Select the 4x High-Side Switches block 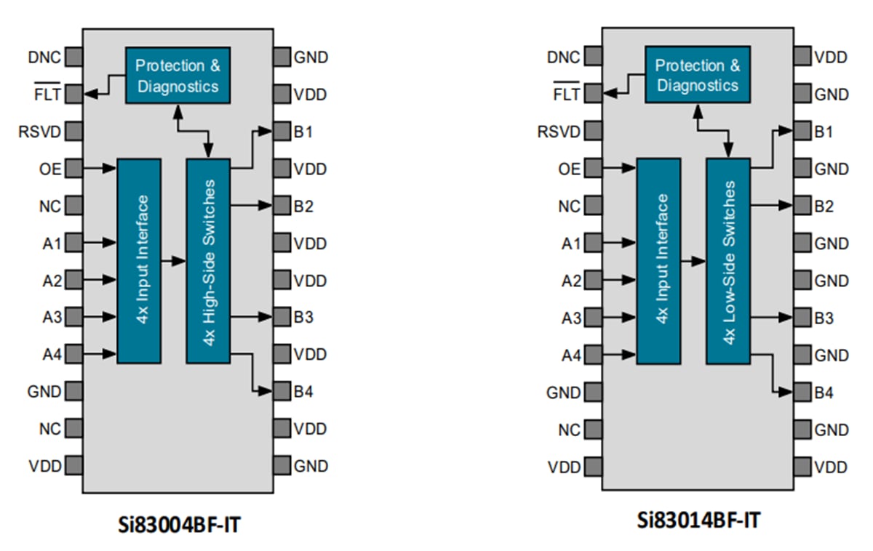[208, 260]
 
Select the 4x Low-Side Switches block [727, 260]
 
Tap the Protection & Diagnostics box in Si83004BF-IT [178, 76]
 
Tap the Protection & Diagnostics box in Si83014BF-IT [697, 76]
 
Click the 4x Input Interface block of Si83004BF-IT [138, 260]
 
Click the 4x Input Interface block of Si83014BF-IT [658, 260]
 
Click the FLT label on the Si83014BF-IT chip [567, 94]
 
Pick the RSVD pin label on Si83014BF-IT [559, 132]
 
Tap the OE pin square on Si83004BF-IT [73, 169]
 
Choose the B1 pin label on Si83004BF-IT [303, 132]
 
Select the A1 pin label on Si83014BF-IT [571, 243]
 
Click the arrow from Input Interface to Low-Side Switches [693, 260]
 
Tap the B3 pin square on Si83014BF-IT [802, 318]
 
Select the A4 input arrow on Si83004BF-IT [100, 355]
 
